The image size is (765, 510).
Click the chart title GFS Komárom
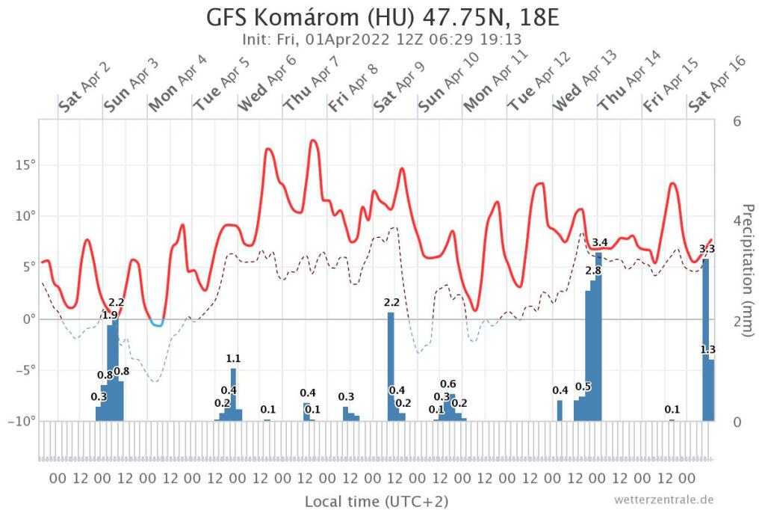(x=382, y=17)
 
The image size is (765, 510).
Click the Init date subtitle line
(x=382, y=40)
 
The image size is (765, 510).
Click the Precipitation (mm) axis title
(x=748, y=270)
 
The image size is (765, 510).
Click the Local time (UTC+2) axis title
(x=377, y=500)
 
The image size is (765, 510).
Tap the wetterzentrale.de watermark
(x=664, y=499)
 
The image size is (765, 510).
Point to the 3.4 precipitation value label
(x=600, y=242)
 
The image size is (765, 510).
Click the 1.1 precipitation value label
(x=233, y=359)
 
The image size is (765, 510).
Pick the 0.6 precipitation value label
(x=448, y=384)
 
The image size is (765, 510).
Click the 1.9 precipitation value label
(x=109, y=316)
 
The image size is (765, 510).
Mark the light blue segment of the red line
(x=157, y=324)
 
